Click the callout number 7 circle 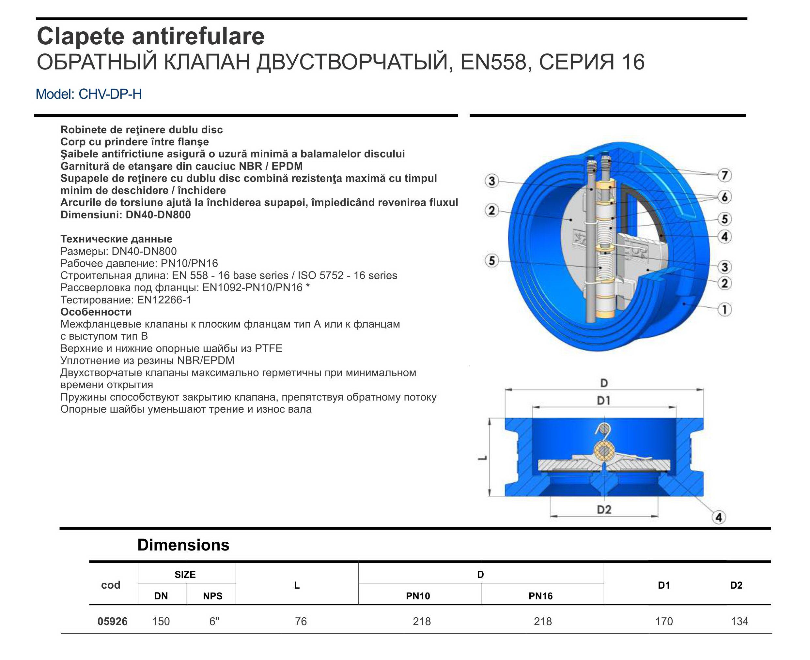click(x=724, y=175)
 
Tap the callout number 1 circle click(x=724, y=310)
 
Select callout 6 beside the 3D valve click(x=724, y=197)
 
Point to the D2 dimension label click(x=604, y=509)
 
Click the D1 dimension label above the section click(x=604, y=400)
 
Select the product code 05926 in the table click(x=112, y=621)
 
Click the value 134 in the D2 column click(x=739, y=621)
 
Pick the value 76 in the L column click(x=300, y=621)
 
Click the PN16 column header click(x=540, y=596)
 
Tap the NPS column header click(x=212, y=596)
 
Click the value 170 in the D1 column click(x=664, y=621)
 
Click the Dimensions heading click(x=183, y=545)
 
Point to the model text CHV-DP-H click(x=110, y=94)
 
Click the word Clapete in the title click(x=80, y=37)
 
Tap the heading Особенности click(x=96, y=312)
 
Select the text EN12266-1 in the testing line click(x=164, y=300)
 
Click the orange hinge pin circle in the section click(x=604, y=451)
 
